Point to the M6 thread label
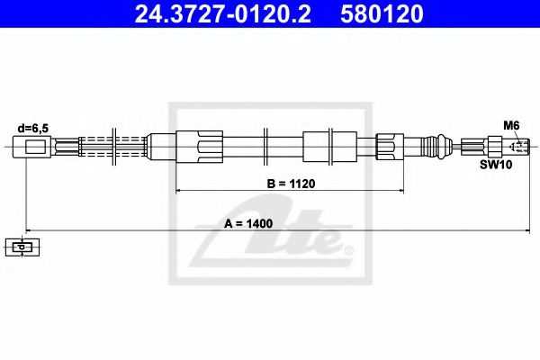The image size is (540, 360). pyautogui.click(x=509, y=127)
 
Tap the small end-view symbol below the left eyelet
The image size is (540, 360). pyautogui.click(x=19, y=245)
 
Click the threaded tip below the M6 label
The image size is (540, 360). pyautogui.click(x=516, y=145)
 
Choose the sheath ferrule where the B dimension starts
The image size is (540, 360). pyautogui.click(x=198, y=145)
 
